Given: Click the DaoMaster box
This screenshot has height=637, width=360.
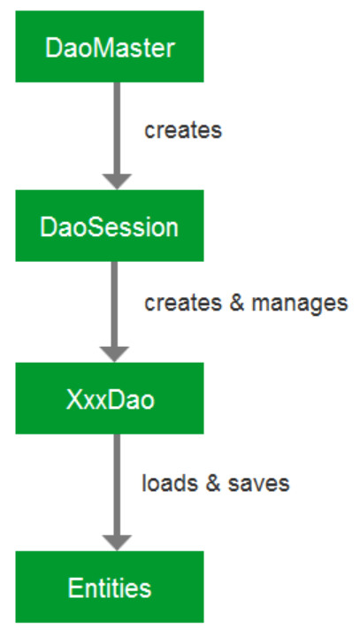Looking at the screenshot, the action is coord(110,46).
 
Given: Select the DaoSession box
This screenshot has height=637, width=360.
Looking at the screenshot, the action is coord(110,226).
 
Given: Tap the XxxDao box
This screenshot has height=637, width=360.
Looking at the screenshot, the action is coord(110,398).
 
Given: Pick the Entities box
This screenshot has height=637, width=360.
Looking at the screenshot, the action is coord(110,587).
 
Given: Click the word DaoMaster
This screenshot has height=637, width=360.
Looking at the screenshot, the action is coord(110,49).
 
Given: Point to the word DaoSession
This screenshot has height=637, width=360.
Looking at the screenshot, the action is coord(109,227).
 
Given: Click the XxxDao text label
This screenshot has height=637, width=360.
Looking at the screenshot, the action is coord(110,400).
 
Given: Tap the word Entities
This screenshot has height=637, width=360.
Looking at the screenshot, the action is coord(110,587).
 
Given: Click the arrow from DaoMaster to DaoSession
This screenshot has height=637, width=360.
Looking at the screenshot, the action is coord(117,135).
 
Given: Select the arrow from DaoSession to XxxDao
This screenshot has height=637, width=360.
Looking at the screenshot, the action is coord(115,311).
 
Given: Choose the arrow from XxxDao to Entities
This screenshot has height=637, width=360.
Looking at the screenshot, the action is coord(117,493).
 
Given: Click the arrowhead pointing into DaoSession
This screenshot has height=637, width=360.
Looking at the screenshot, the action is coord(117,181).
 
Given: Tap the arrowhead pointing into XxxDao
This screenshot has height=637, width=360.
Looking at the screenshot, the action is coord(115,354).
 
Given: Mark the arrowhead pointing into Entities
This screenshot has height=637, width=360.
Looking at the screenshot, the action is coord(117,542).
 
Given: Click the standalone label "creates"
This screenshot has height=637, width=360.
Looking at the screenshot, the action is coord(183,130).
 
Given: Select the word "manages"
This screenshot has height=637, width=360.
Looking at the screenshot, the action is coord(300,303).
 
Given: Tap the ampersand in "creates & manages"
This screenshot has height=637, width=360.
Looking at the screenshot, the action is coord(236,303).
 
